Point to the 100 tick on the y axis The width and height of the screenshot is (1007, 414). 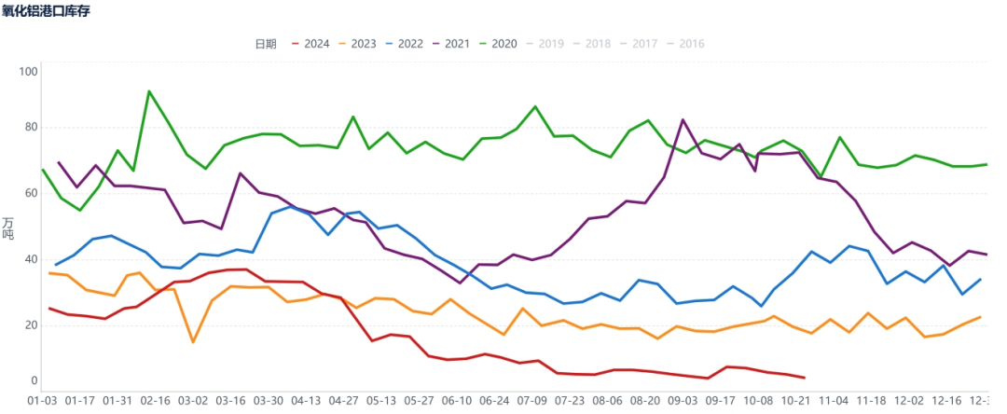pyautogui.click(x=28, y=72)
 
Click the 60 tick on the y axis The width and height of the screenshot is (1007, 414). pyautogui.click(x=31, y=193)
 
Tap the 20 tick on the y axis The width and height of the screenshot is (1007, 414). pyautogui.click(x=31, y=324)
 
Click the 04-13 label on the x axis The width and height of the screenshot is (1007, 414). pyautogui.click(x=306, y=400)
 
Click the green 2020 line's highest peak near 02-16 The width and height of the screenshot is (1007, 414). pyautogui.click(x=149, y=91)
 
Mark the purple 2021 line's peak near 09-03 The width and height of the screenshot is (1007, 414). pyautogui.click(x=683, y=120)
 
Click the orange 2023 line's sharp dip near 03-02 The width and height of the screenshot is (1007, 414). pyautogui.click(x=193, y=342)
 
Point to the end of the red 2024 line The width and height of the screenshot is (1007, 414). pyautogui.click(x=804, y=378)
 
